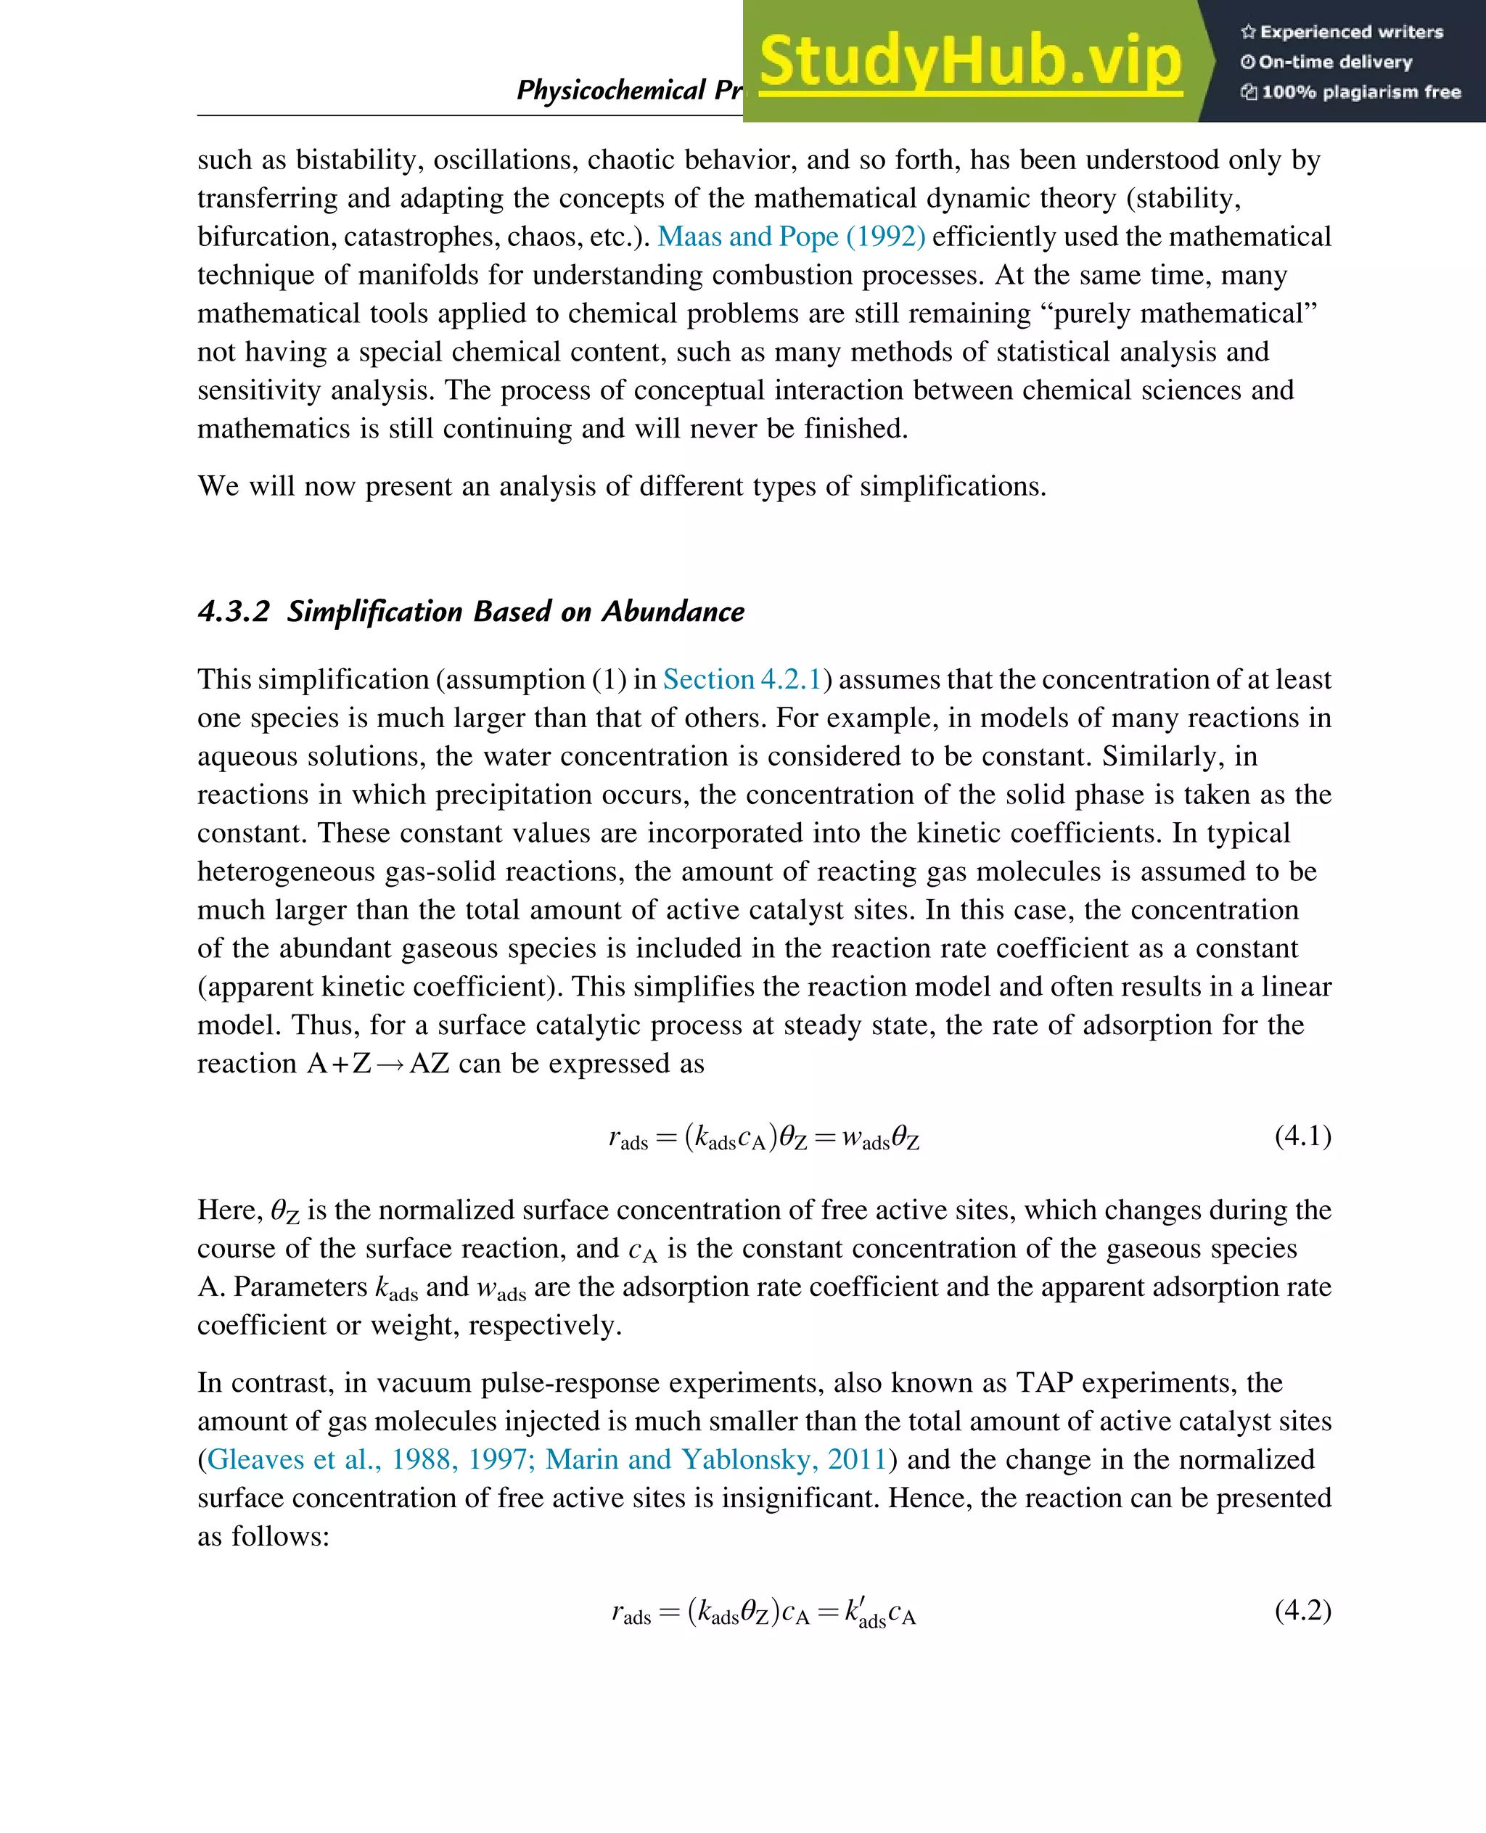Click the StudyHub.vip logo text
(x=970, y=62)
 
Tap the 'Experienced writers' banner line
(x=1342, y=33)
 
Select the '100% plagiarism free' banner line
(x=1351, y=92)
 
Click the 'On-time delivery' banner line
(x=1327, y=62)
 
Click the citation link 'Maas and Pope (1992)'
(x=791, y=237)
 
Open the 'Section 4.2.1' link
(x=742, y=679)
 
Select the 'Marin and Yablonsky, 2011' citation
(x=715, y=1459)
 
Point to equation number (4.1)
(x=1302, y=1136)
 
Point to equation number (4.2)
(x=1302, y=1610)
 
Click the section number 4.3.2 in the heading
(x=234, y=611)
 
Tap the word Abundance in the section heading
(x=673, y=611)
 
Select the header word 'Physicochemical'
(x=610, y=90)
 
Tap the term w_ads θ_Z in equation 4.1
(x=880, y=1139)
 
